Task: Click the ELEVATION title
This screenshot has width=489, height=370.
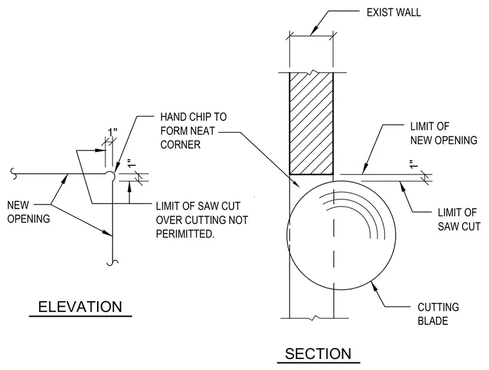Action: click(80, 307)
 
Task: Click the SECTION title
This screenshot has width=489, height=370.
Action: click(318, 354)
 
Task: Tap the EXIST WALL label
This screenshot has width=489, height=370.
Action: click(394, 12)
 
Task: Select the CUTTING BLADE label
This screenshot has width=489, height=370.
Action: click(438, 314)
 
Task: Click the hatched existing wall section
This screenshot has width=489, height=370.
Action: click(311, 124)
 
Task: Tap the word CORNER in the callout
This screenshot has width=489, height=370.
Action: click(180, 145)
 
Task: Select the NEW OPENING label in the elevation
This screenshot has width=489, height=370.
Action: click(28, 212)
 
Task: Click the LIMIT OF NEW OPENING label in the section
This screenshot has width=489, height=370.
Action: click(443, 134)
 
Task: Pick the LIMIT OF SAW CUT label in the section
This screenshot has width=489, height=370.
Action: click(459, 219)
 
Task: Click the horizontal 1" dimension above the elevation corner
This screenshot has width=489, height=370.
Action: click(113, 133)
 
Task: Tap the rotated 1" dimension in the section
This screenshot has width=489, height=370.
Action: click(414, 164)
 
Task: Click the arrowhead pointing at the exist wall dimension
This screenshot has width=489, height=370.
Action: click(314, 30)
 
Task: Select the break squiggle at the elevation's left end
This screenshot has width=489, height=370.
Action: click(14, 174)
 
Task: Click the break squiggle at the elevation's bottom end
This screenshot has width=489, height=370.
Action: click(112, 263)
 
